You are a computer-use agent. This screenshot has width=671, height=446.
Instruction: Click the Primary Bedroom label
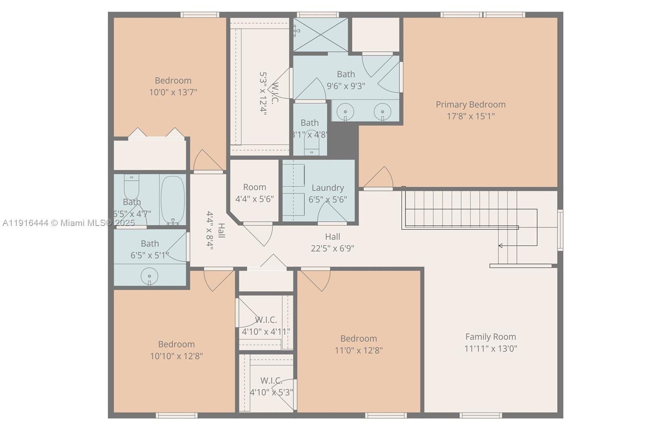click(470, 104)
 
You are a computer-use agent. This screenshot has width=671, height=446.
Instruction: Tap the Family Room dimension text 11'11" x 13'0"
click(490, 348)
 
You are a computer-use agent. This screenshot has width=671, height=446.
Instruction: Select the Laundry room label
click(328, 188)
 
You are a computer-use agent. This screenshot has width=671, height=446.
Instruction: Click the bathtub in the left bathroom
click(172, 200)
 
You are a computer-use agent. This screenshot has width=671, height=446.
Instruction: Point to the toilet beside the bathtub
click(131, 187)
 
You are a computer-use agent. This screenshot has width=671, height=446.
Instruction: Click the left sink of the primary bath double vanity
click(345, 112)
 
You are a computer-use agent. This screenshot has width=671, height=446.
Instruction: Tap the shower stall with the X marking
click(320, 35)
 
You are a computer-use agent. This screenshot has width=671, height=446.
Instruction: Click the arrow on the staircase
click(501, 246)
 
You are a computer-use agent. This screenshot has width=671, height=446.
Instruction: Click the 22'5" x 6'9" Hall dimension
click(332, 248)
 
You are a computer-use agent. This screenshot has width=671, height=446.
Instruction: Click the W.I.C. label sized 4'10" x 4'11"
click(266, 320)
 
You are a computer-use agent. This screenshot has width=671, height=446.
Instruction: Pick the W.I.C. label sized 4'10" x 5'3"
click(271, 381)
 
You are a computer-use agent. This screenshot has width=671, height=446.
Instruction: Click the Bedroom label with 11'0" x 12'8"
click(358, 338)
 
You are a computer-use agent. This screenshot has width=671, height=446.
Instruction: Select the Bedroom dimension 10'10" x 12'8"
click(176, 356)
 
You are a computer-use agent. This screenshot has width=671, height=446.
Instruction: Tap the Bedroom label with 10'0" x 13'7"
click(173, 80)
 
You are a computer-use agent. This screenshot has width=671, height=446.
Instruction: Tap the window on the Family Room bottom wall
click(481, 415)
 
